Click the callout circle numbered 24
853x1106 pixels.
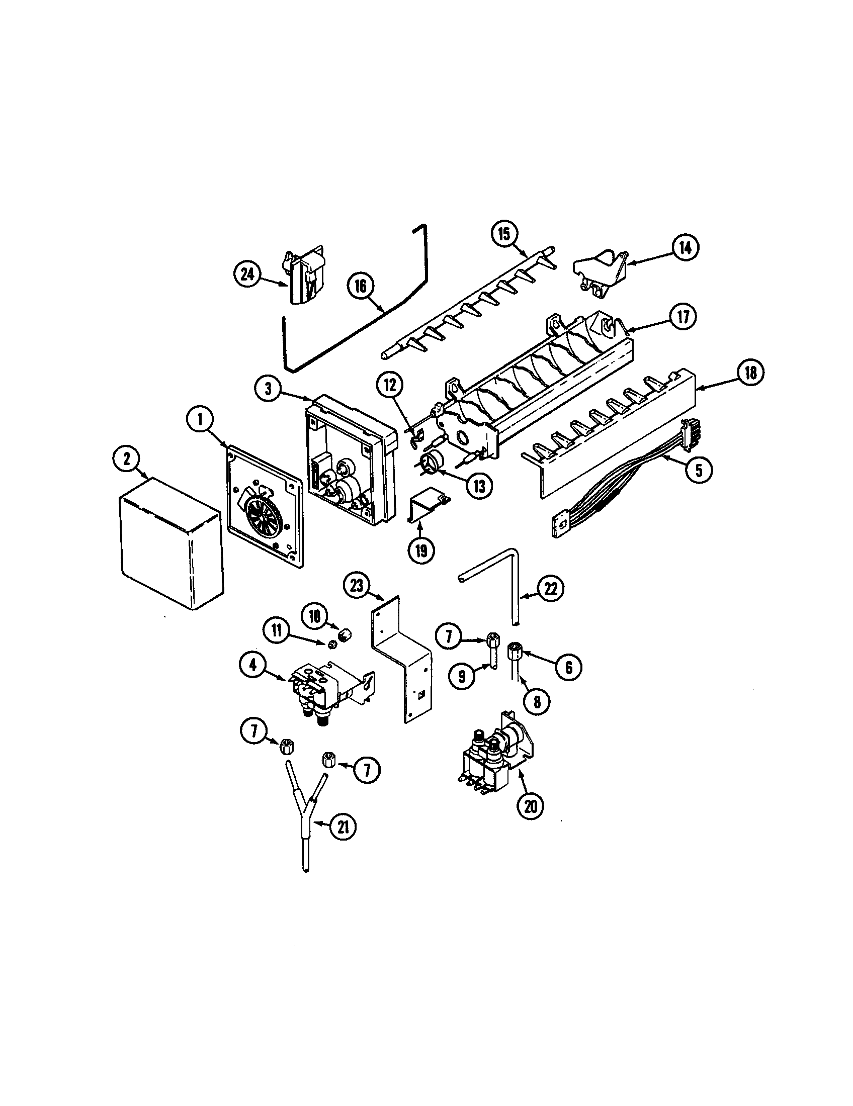click(247, 274)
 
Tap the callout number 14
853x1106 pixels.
click(686, 248)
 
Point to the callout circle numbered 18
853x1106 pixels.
click(750, 373)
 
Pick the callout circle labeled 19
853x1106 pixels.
click(421, 550)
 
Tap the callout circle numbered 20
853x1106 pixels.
click(530, 806)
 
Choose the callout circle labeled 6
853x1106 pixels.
click(569, 668)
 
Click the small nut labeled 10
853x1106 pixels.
click(346, 634)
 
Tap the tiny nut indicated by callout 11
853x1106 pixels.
click(333, 644)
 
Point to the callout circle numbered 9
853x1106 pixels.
click(462, 677)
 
